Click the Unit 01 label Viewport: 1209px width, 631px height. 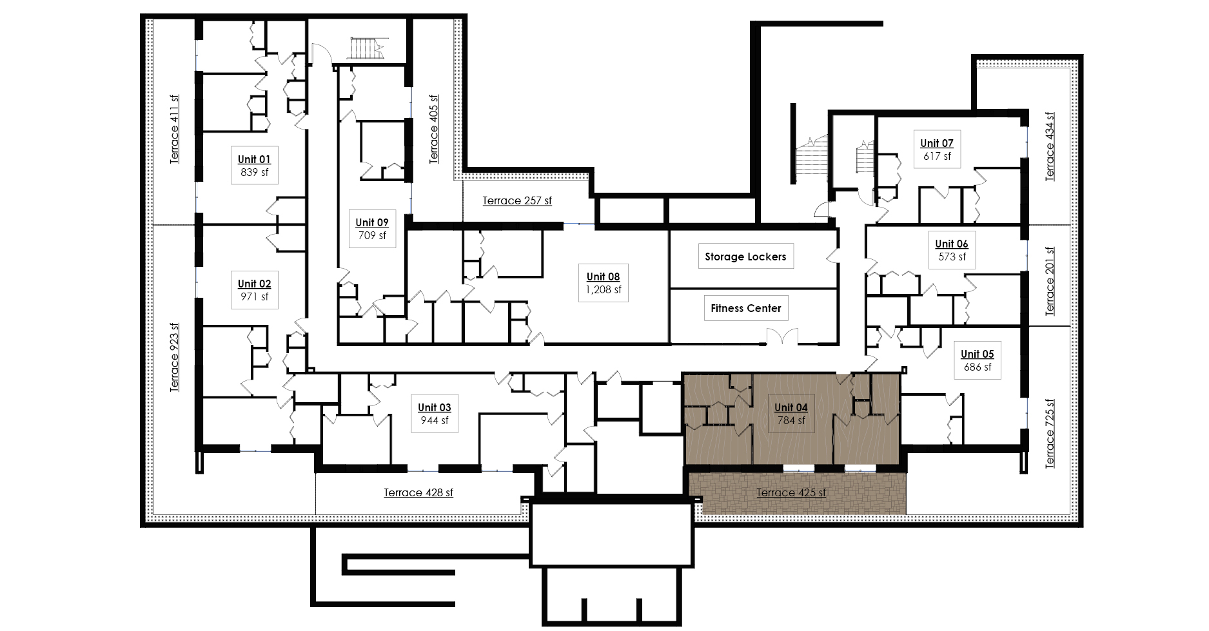pyautogui.click(x=254, y=166)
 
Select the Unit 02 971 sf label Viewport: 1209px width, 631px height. pyautogui.click(x=254, y=290)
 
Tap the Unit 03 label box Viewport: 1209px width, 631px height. pyautogui.click(x=435, y=414)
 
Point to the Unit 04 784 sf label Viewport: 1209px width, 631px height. pyautogui.click(x=791, y=414)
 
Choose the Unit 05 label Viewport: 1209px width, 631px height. pyautogui.click(x=977, y=360)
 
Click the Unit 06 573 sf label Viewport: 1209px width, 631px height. pyautogui.click(x=952, y=250)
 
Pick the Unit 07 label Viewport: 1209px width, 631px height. pyautogui.click(x=937, y=150)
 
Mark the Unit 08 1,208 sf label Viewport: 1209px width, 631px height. pyautogui.click(x=604, y=283)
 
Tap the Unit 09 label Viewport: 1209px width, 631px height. pyautogui.click(x=372, y=229)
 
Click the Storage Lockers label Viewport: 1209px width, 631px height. pyautogui.click(x=745, y=257)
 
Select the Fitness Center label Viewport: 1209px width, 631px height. pyautogui.click(x=746, y=308)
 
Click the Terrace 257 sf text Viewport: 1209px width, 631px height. pyautogui.click(x=517, y=201)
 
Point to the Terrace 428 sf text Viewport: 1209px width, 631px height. pyautogui.click(x=418, y=493)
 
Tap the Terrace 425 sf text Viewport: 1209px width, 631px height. pyautogui.click(x=791, y=493)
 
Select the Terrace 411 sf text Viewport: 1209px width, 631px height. pyautogui.click(x=174, y=130)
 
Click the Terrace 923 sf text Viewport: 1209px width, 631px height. pyautogui.click(x=174, y=357)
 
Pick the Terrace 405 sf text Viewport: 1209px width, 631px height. pyautogui.click(x=434, y=129)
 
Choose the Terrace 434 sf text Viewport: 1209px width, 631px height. pyautogui.click(x=1050, y=147)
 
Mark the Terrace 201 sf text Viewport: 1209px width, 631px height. pyautogui.click(x=1050, y=281)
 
